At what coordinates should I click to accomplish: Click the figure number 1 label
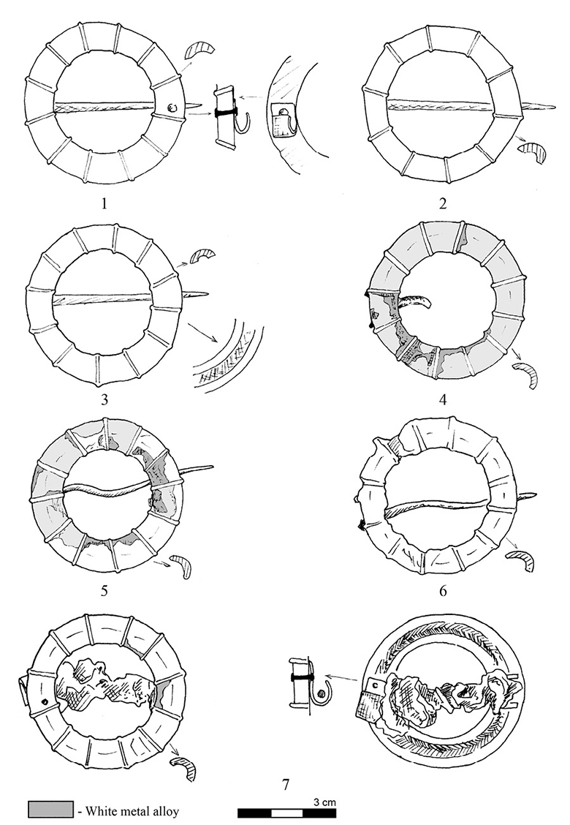coord(104,203)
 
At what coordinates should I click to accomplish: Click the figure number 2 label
coord(442,203)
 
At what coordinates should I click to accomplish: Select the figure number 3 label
coord(104,399)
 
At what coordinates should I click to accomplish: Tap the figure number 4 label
coord(442,399)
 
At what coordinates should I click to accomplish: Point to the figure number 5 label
coord(104,590)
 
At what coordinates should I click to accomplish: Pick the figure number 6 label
coord(442,591)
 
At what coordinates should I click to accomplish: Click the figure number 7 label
coord(286,785)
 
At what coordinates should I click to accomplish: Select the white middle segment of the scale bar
coord(286,813)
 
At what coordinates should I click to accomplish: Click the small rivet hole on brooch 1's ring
coord(172,108)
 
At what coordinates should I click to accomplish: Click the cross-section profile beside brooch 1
coord(199,50)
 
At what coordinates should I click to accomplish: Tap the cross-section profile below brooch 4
coord(527,374)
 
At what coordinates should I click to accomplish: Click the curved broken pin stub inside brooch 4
coord(414,301)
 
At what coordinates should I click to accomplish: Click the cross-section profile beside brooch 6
coord(520,560)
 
